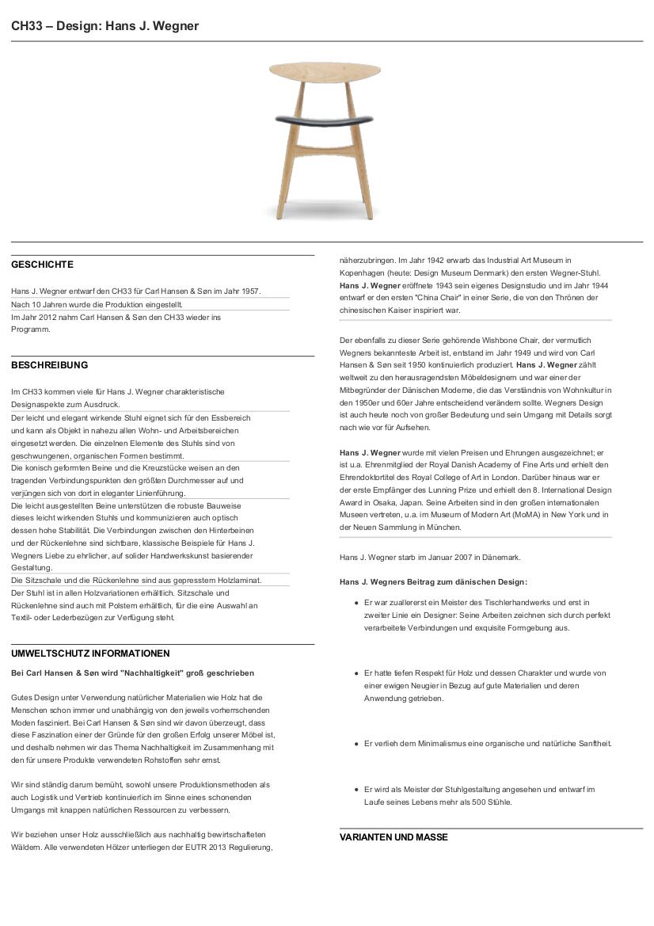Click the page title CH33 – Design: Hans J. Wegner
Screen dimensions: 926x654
(x=105, y=26)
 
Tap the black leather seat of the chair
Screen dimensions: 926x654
(x=325, y=119)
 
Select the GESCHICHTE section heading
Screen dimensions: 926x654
(x=42, y=265)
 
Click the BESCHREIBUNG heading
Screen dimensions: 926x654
(x=49, y=365)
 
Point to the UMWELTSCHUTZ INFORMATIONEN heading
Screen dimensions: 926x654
(x=90, y=654)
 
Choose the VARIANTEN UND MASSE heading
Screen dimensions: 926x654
(x=394, y=837)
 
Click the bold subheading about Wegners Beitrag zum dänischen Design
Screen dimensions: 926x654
(x=433, y=582)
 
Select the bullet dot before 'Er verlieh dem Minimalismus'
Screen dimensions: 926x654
(x=357, y=744)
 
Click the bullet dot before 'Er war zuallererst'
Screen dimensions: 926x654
(x=357, y=603)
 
